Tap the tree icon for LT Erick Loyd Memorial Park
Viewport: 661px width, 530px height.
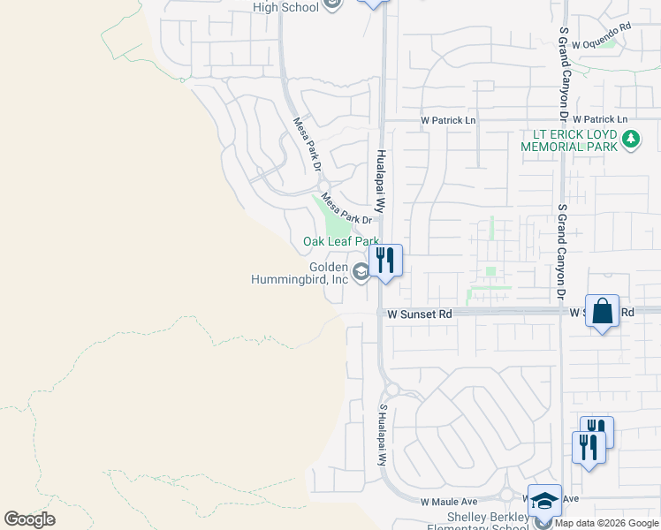pyautogui.click(x=631, y=139)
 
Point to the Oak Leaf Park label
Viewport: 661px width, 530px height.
pyautogui.click(x=341, y=241)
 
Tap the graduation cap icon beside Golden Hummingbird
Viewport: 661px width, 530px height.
pyautogui.click(x=360, y=272)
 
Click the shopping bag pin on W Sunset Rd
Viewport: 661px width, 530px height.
pyautogui.click(x=603, y=312)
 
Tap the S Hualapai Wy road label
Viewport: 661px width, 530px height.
pyautogui.click(x=384, y=435)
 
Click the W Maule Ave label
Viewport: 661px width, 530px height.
pyautogui.click(x=449, y=501)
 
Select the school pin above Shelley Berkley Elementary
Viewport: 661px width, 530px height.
pyautogui.click(x=545, y=500)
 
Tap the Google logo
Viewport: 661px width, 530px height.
pyautogui.click(x=29, y=519)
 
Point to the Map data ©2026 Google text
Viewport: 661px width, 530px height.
pyautogui.click(x=607, y=523)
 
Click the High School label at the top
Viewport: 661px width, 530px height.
pyautogui.click(x=285, y=7)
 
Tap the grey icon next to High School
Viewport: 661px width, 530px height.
pyautogui.click(x=333, y=6)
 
